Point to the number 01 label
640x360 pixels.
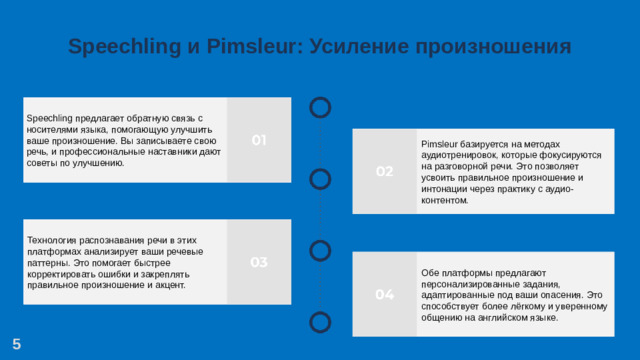(x=258, y=140)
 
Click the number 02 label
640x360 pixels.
(x=384, y=172)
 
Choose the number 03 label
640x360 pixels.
(x=258, y=262)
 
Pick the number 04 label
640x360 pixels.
(x=384, y=294)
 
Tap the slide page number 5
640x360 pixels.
(x=17, y=344)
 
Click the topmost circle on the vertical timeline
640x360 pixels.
(x=320, y=106)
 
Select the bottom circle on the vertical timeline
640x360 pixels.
(x=320, y=321)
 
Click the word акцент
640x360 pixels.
(x=167, y=284)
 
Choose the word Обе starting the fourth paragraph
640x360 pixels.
(x=431, y=273)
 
